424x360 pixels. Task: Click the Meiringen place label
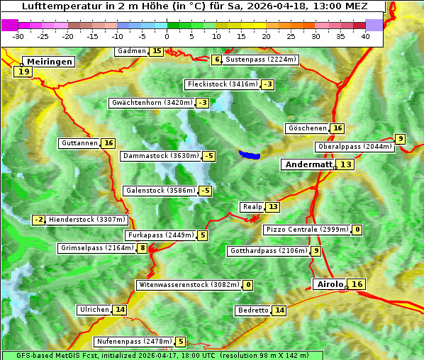pyautogui.click(x=48, y=62)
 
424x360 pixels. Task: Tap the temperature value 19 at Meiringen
pyautogui.click(x=24, y=72)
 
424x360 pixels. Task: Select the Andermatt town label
pyautogui.click(x=308, y=164)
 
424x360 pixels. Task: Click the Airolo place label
pyautogui.click(x=330, y=284)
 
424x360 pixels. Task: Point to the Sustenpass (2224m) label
pyautogui.click(x=260, y=60)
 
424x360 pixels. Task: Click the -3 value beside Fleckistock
pyautogui.click(x=267, y=85)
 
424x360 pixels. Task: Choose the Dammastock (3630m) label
pyautogui.click(x=160, y=156)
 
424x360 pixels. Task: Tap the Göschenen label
pyautogui.click(x=308, y=128)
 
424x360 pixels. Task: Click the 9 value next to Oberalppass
pyautogui.click(x=401, y=139)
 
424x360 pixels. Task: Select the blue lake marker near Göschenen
pyautogui.click(x=249, y=154)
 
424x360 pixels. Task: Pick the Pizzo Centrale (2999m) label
pyautogui.click(x=307, y=230)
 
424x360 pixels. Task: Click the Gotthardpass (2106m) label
pyautogui.click(x=268, y=251)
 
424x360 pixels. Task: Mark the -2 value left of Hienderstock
pyautogui.click(x=39, y=220)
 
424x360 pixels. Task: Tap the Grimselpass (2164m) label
pyautogui.click(x=96, y=248)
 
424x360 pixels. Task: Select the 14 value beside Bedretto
pyautogui.click(x=279, y=310)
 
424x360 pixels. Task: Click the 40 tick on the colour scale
pyautogui.click(x=365, y=36)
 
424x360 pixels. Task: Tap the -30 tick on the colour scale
pyautogui.click(x=18, y=36)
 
